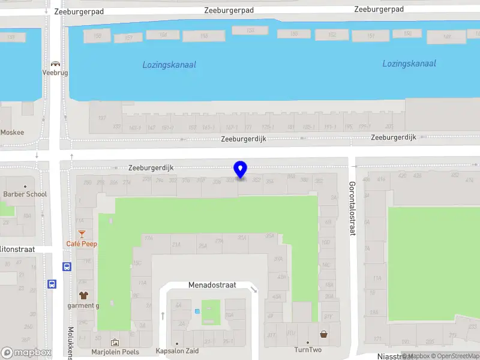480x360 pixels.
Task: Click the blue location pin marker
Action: point(241,170)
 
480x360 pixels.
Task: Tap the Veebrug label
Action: point(55,73)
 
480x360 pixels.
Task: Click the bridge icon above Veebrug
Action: point(55,64)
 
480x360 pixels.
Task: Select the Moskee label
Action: point(13,132)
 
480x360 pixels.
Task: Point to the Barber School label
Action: point(25,194)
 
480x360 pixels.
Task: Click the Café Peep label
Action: point(82,244)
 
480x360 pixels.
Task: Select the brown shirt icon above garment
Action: point(83,295)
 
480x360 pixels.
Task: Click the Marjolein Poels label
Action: point(115,352)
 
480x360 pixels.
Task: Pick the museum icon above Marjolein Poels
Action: point(115,343)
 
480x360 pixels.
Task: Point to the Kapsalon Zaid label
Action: point(176,351)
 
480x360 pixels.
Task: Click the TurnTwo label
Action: point(308,350)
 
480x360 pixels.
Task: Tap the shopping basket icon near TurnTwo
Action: point(324,334)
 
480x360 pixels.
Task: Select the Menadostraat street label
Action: point(212,286)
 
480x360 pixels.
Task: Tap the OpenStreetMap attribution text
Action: point(455,356)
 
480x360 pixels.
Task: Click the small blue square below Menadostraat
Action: point(197,311)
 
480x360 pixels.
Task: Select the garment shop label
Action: point(83,305)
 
